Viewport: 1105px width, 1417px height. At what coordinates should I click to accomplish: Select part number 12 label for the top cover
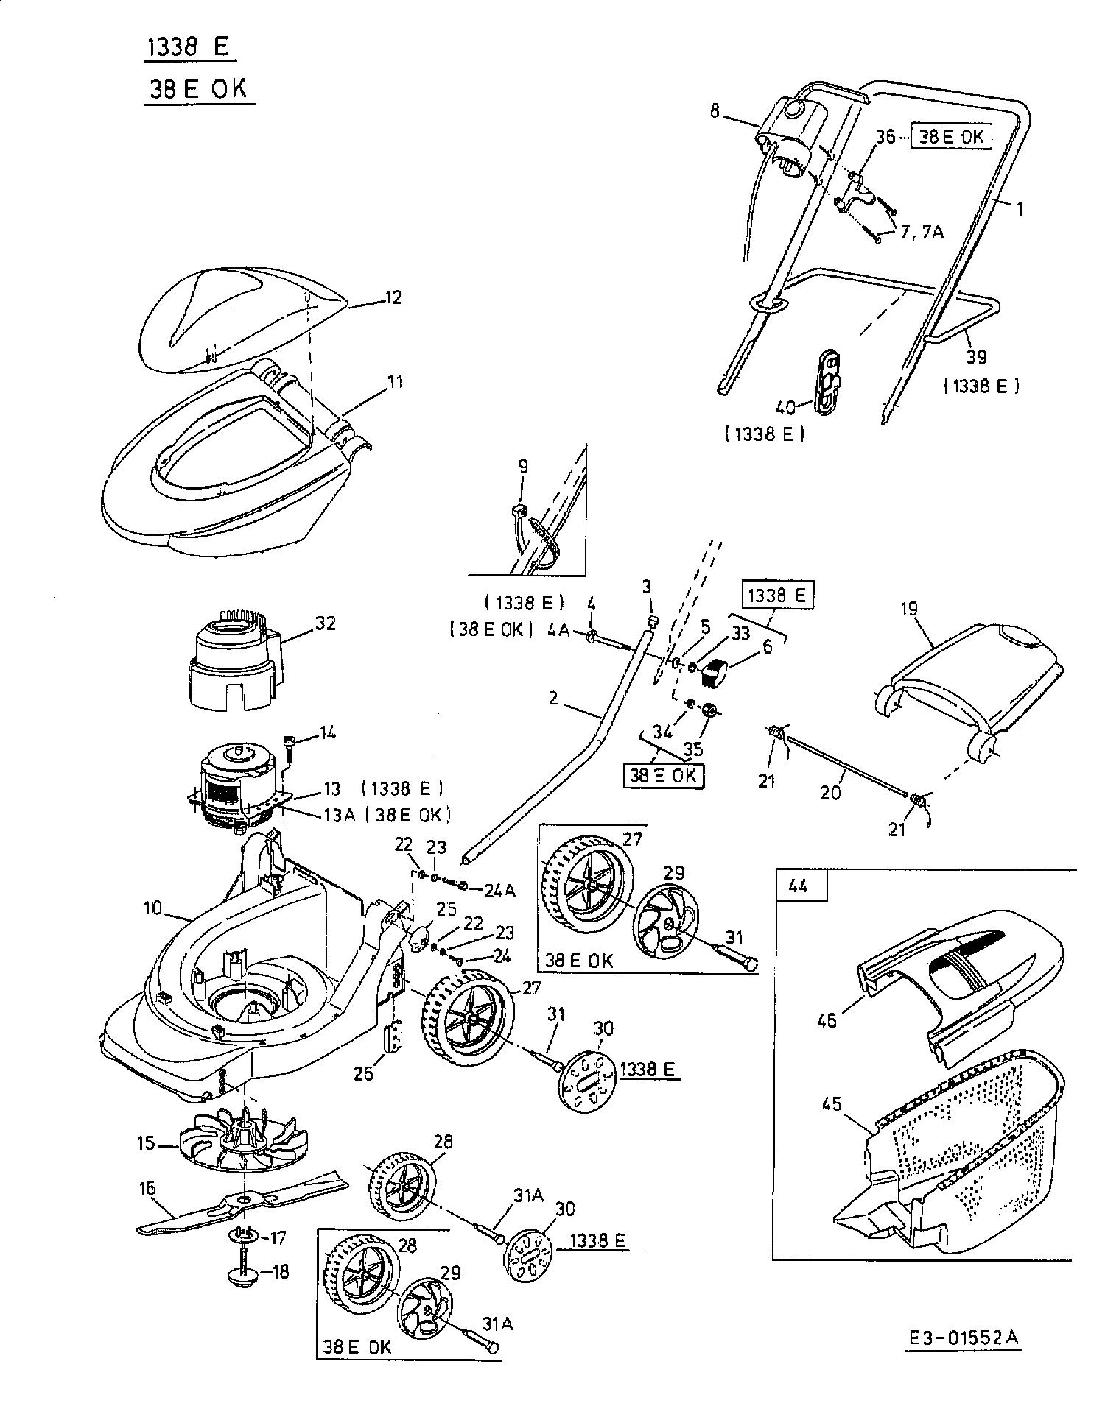[x=394, y=297]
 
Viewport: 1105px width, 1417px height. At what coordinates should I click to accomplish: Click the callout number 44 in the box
[x=799, y=886]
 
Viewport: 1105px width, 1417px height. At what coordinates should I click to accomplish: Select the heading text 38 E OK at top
[x=199, y=88]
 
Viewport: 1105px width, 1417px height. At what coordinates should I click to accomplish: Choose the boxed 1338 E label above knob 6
[x=777, y=595]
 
